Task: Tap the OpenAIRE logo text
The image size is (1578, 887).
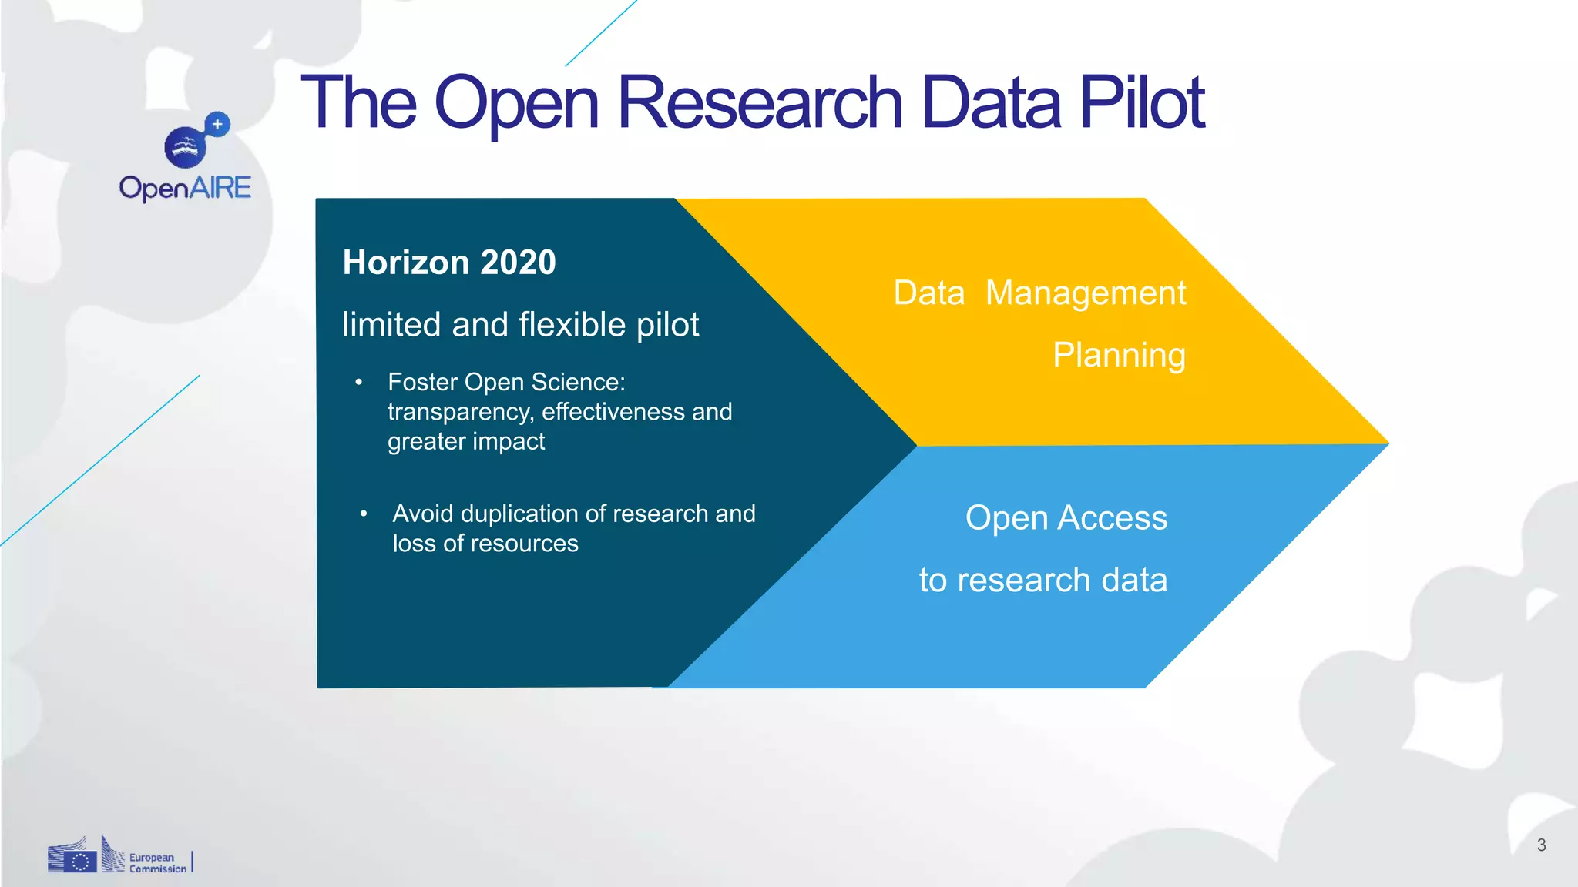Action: coord(185,188)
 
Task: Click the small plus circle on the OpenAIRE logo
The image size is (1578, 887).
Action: coord(218,124)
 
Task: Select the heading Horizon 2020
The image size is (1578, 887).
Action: coord(449,263)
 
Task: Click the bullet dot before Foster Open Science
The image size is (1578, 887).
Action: coord(359,383)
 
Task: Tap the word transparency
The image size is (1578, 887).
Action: coord(459,412)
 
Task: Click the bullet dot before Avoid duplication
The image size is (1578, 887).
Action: coord(364,514)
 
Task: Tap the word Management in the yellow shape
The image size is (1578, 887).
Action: coord(1085,293)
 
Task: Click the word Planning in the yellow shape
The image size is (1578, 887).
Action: coord(1119,356)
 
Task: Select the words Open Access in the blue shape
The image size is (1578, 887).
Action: coord(1066,518)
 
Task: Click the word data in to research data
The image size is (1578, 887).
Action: coord(1134,581)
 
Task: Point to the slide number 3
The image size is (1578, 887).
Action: coord(1541,845)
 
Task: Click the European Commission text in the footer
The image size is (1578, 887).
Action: coord(157,863)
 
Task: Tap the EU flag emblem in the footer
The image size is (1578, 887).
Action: coord(79,861)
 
